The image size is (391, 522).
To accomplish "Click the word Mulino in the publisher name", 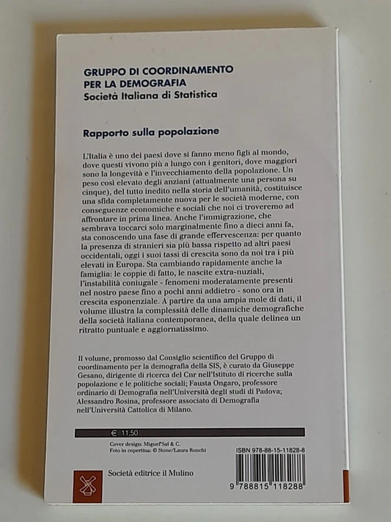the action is (180, 473).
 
